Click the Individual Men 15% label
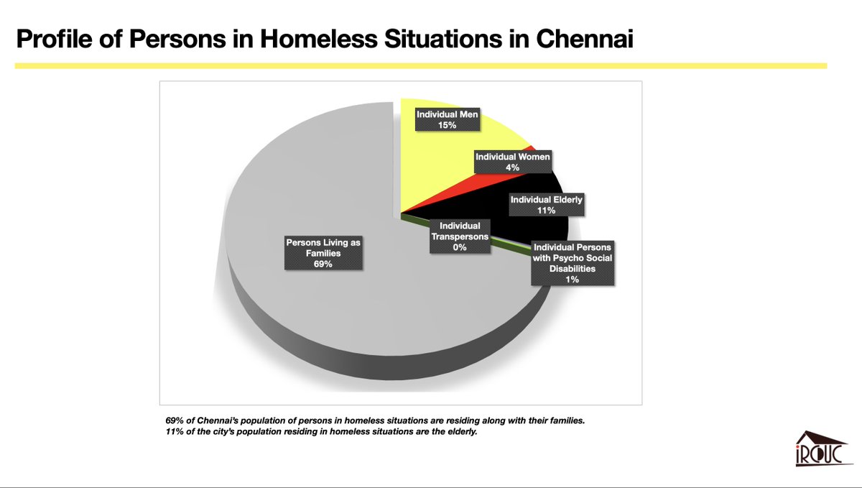tap(448, 120)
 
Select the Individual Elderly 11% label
tap(546, 204)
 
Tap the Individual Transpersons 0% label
tap(460, 236)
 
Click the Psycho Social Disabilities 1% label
tap(572, 264)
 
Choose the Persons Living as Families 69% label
tap(323, 254)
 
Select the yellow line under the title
tap(421, 66)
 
